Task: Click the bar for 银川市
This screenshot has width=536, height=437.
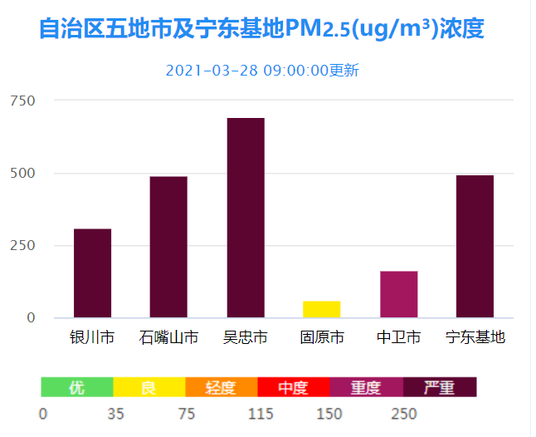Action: point(92,273)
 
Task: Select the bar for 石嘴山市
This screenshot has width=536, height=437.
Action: point(168,247)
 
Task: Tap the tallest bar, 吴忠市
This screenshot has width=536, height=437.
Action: point(246,218)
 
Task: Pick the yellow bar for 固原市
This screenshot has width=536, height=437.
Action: point(321,309)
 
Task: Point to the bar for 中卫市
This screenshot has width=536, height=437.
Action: point(398,294)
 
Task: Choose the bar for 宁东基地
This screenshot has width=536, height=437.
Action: point(475,246)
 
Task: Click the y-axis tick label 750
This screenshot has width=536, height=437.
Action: point(22,101)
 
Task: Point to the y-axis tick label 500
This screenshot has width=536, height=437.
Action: point(22,173)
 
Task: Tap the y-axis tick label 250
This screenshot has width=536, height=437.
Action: point(22,245)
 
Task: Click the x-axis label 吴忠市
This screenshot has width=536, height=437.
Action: point(246,337)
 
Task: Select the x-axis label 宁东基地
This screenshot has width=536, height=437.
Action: point(475,337)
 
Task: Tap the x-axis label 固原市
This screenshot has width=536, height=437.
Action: point(322,337)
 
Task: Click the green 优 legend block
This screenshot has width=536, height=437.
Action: point(76,387)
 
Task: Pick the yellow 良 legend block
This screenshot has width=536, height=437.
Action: point(149,387)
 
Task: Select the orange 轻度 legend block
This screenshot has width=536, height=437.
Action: point(221,387)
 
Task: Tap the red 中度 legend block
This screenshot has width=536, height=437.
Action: point(293,387)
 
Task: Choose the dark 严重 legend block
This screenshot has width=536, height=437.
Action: point(439,387)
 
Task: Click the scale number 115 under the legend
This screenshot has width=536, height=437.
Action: point(261,415)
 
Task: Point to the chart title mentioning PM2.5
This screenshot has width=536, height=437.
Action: point(261,29)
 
